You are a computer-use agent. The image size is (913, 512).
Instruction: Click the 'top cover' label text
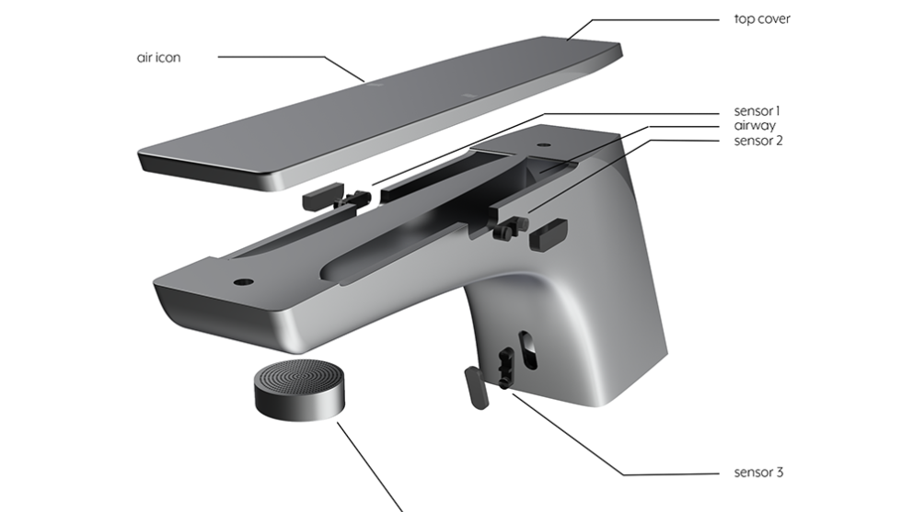pos(762,19)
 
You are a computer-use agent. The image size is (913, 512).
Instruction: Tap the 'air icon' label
pos(159,57)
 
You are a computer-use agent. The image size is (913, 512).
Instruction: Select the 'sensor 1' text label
pos(757,110)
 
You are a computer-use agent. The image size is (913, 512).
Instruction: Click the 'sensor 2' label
pos(757,141)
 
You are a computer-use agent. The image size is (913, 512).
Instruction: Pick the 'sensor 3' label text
pos(758,473)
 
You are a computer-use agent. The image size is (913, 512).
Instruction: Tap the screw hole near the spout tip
pos(243,281)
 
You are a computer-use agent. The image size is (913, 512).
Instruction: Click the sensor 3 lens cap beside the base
pos(474,385)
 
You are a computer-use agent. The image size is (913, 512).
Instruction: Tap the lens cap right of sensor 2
pos(547,233)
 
